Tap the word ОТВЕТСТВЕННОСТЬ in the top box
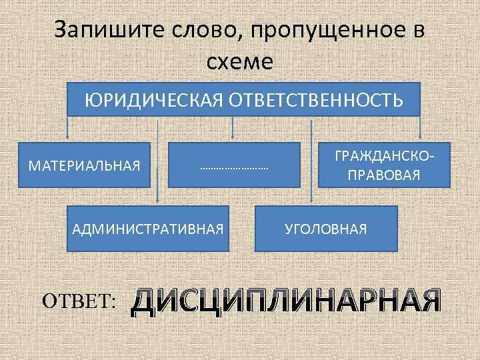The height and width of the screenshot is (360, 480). click(x=316, y=100)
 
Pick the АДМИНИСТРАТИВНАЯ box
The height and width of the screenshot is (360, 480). click(x=147, y=229)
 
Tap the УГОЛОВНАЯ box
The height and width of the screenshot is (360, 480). click(x=326, y=229)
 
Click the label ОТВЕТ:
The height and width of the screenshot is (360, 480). click(x=79, y=299)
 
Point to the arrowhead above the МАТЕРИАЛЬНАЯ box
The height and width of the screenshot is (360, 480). click(x=67, y=137)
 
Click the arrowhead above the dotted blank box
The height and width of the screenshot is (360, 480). click(x=232, y=137)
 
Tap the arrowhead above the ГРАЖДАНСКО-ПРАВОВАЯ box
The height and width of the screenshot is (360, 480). click(x=419, y=137)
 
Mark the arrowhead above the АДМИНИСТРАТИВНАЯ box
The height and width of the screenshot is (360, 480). click(x=157, y=201)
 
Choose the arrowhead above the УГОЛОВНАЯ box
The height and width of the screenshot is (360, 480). click(x=311, y=201)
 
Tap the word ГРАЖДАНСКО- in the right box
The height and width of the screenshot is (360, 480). click(x=377, y=155)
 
